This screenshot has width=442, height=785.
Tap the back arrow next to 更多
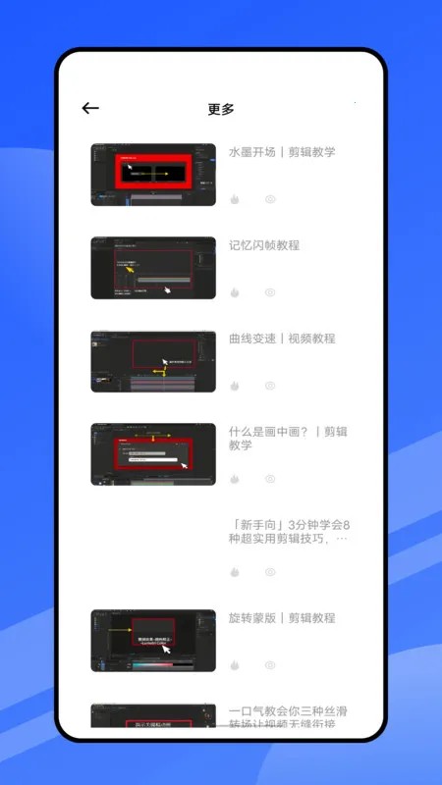(x=90, y=109)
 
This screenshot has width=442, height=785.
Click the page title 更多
(x=221, y=109)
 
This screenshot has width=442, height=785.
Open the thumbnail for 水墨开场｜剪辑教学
(x=153, y=175)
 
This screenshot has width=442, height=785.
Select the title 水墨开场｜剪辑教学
(x=282, y=152)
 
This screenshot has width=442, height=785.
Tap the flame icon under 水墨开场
(x=235, y=199)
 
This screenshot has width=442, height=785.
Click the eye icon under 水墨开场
(x=270, y=199)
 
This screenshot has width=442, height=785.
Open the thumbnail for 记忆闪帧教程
(x=153, y=268)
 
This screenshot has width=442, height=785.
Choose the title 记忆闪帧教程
(x=264, y=245)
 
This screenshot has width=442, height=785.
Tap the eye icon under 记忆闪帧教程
(x=270, y=292)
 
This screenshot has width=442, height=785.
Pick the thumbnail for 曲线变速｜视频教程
(x=153, y=361)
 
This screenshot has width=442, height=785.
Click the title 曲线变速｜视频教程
(x=282, y=339)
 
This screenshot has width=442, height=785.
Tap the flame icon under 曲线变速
(x=235, y=386)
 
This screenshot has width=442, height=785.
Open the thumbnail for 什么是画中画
(x=153, y=454)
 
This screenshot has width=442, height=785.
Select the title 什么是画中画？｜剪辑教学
(x=288, y=438)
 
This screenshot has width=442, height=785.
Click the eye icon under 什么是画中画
(x=270, y=479)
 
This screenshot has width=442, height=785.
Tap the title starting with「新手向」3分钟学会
(x=289, y=531)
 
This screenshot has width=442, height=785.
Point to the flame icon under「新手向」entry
(x=235, y=572)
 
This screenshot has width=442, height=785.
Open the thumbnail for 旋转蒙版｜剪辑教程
(x=153, y=641)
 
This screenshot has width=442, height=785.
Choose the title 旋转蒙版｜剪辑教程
(x=282, y=618)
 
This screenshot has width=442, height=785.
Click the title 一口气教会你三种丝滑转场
(x=289, y=717)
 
